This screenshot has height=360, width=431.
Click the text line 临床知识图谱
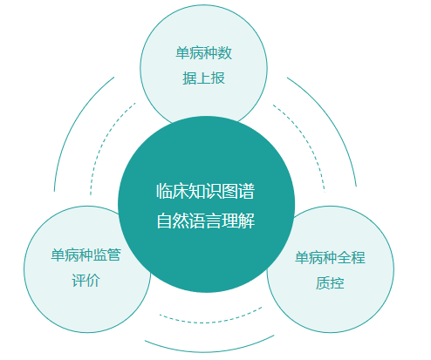206,191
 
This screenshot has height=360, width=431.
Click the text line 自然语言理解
206,221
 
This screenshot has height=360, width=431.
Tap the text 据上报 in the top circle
203,78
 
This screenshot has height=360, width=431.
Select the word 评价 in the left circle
86,281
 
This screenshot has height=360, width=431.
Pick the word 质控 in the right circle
330,282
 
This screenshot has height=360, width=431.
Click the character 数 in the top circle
225,53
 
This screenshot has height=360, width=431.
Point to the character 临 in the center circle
164,191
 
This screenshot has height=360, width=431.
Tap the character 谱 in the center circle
247,191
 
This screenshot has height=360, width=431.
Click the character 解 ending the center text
247,221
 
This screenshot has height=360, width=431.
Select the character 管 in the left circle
114,255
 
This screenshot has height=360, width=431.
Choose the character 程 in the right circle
358,257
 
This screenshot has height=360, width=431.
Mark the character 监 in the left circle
100,255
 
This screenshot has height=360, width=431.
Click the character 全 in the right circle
344,257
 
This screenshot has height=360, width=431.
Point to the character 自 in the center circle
164,221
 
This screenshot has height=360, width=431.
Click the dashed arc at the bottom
209,323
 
